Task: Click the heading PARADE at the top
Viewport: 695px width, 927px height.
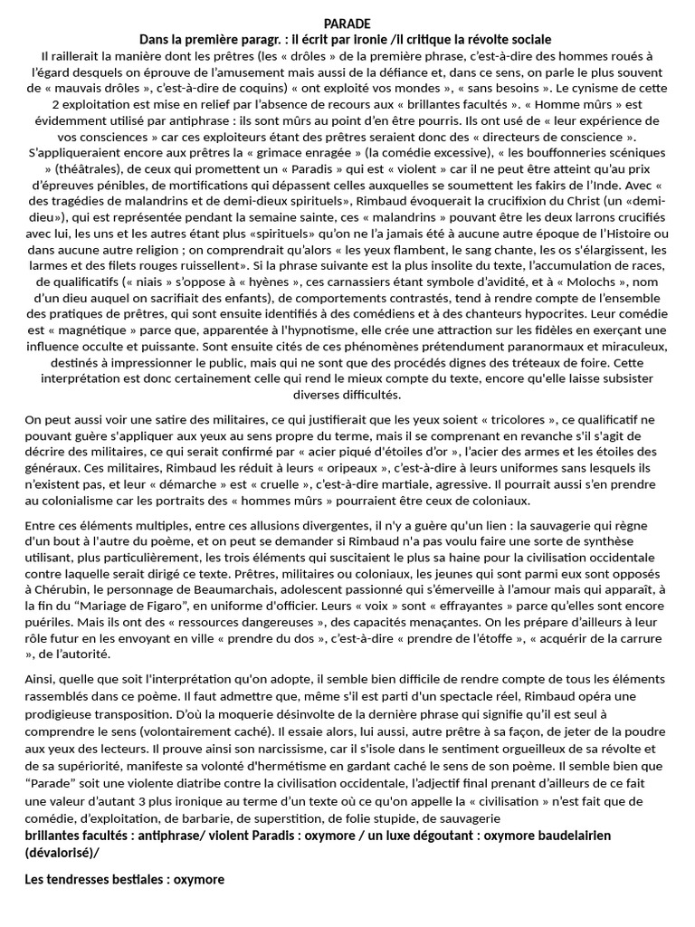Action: [x=347, y=24]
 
